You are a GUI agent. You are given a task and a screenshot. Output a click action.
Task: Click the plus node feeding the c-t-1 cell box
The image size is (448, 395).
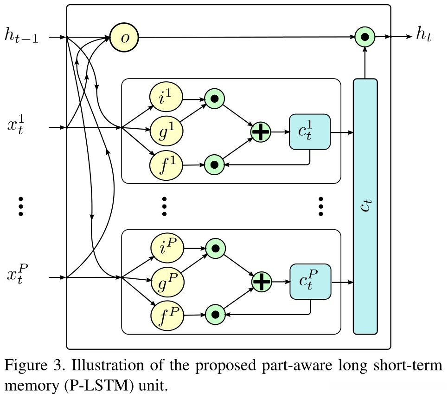pos(261,132)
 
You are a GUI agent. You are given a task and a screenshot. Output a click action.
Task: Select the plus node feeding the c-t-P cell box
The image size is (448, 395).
pos(262,281)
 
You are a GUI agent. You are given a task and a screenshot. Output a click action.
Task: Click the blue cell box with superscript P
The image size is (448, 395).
pos(311,282)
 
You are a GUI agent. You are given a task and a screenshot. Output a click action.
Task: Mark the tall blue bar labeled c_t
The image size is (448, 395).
pos(365,206)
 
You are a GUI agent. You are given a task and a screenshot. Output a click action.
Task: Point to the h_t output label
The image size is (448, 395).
pos(423,36)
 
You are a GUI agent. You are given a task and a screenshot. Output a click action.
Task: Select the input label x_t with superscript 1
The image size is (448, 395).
pos(18,127)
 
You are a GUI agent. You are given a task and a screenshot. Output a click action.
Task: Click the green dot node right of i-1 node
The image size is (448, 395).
pos(214,99)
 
